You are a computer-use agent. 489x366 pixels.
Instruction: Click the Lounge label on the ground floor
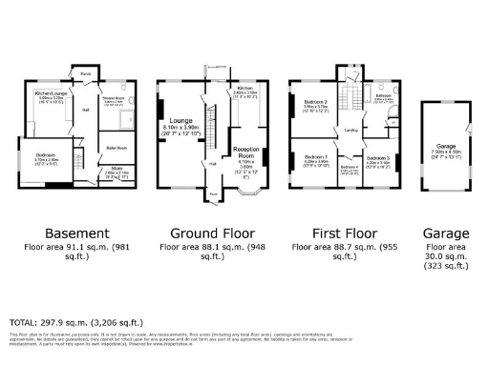(182, 122)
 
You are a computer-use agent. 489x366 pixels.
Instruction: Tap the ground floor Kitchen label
(244, 87)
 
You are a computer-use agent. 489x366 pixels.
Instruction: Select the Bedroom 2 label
(316, 102)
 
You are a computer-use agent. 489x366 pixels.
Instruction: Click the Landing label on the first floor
(351, 131)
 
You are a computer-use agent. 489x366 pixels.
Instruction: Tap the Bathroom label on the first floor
(383, 96)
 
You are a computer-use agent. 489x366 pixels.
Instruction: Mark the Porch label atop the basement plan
(85, 72)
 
